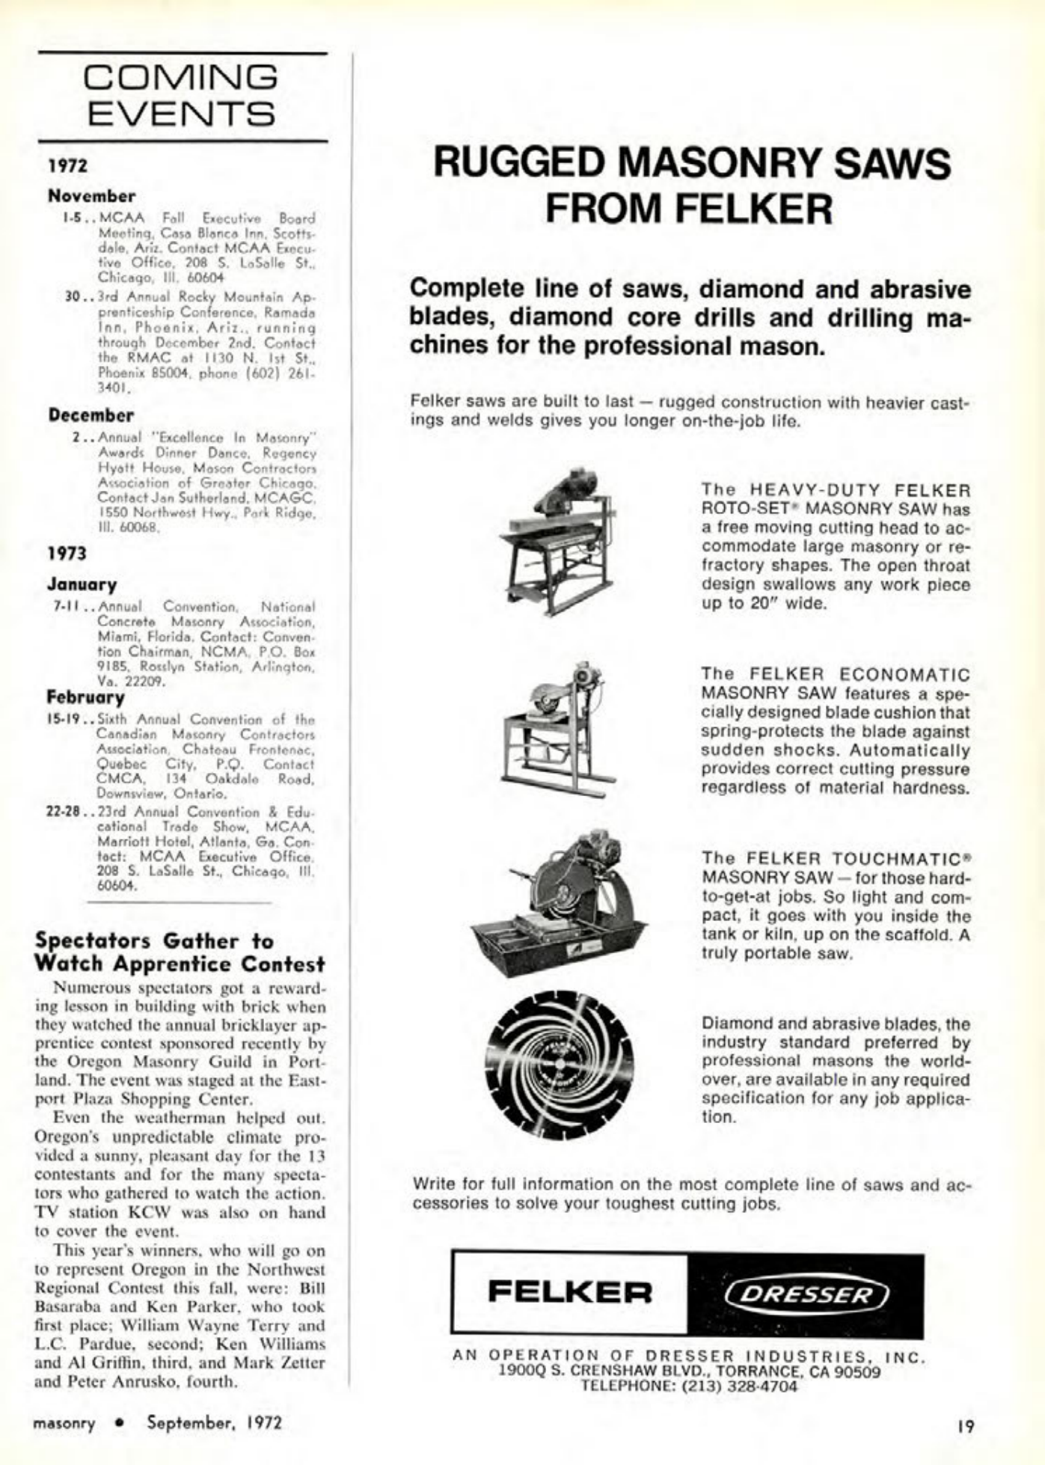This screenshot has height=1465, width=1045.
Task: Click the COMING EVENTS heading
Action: click(183, 95)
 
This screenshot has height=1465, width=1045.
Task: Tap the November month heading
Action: click(92, 196)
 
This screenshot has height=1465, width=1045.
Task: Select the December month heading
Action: click(91, 415)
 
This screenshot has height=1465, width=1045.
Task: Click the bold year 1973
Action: click(67, 554)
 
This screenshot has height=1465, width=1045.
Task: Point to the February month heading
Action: click(86, 697)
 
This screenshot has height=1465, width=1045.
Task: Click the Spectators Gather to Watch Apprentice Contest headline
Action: click(180, 952)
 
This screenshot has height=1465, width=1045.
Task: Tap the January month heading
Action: click(82, 584)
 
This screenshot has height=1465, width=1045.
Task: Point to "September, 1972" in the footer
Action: click(215, 1422)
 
